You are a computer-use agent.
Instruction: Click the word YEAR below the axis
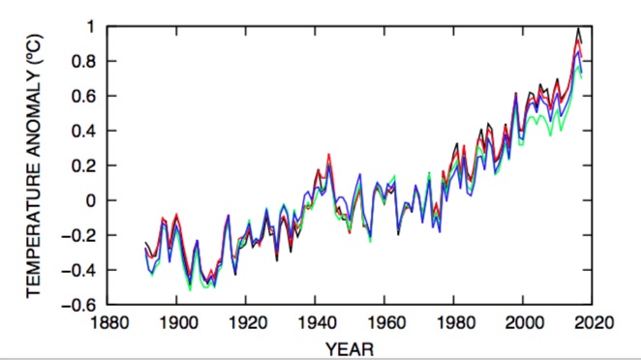coord(350,345)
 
